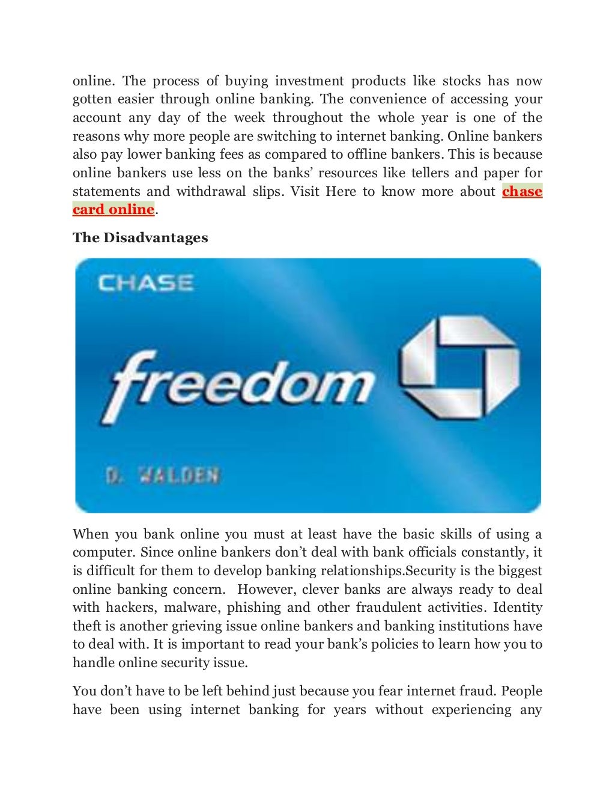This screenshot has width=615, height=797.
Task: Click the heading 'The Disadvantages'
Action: pyautogui.click(x=140, y=238)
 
